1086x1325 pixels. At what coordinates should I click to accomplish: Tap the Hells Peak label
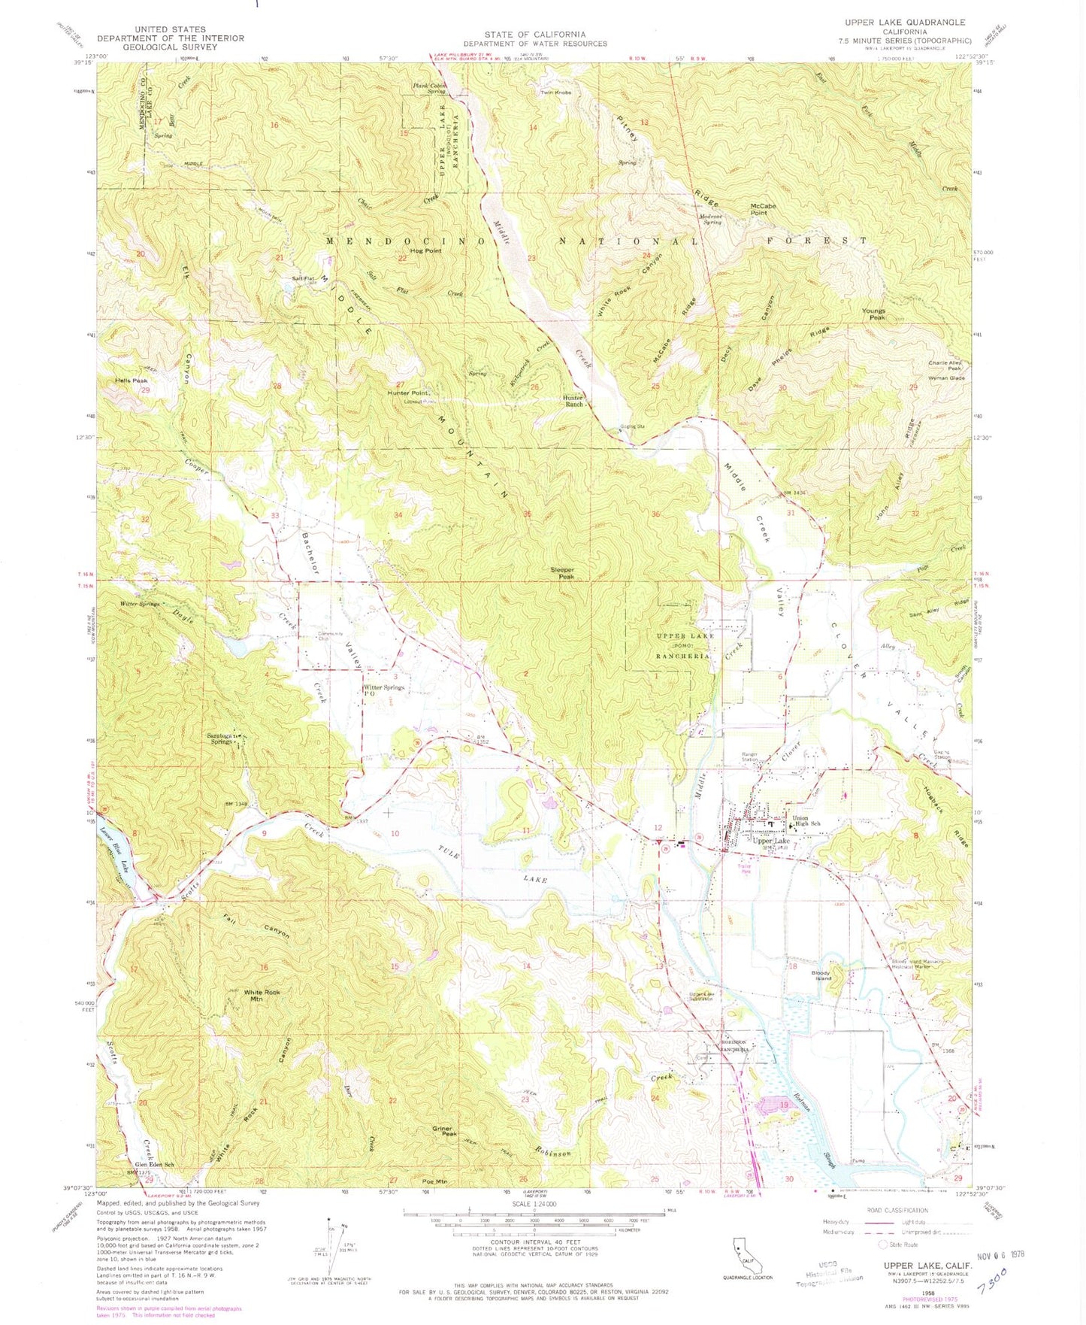coord(132,381)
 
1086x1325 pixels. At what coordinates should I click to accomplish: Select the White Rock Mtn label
coord(262,996)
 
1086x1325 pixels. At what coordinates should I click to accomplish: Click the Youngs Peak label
coord(873,314)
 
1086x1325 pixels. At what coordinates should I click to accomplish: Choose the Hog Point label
coord(425,250)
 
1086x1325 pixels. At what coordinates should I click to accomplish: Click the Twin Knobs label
coord(556,92)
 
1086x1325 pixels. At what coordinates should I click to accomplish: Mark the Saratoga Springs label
coord(220,738)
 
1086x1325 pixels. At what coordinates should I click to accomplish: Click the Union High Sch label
coord(805,823)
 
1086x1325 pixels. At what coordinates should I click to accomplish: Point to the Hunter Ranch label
coord(573,401)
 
